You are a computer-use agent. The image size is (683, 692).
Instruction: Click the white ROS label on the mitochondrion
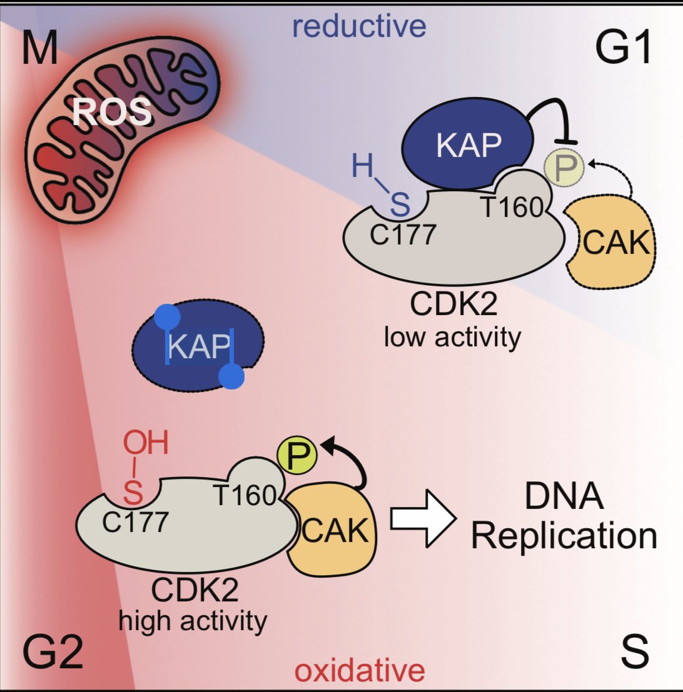coord(112,113)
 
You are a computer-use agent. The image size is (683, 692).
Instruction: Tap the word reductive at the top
coord(359,26)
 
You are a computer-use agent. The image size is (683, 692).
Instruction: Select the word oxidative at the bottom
coord(360,671)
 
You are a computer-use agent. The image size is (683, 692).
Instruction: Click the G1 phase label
coord(624,49)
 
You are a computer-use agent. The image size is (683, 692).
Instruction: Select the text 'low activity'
coord(452,338)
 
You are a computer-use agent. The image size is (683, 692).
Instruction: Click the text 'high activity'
coord(193,621)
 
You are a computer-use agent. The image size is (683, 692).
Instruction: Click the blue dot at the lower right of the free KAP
coord(231,377)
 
